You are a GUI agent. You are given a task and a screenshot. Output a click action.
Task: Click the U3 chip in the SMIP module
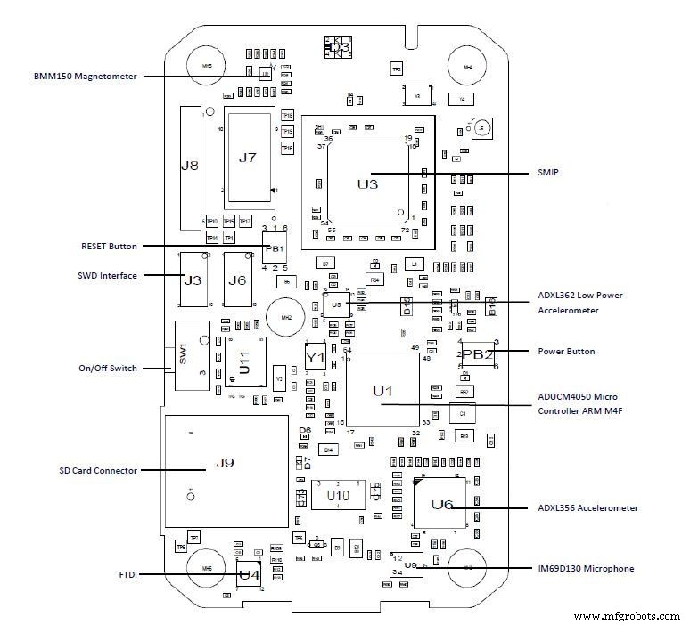(x=368, y=184)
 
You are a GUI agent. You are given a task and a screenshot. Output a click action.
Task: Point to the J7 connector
(x=249, y=158)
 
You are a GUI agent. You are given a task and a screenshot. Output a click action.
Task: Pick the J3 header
(x=193, y=280)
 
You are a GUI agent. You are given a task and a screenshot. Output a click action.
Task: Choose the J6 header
(x=236, y=280)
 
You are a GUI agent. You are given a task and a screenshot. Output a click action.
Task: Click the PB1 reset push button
(x=274, y=248)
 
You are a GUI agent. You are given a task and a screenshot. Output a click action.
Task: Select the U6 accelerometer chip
(x=442, y=504)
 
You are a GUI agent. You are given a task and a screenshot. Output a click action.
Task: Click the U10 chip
(x=337, y=494)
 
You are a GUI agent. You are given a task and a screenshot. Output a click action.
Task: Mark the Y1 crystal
(x=315, y=357)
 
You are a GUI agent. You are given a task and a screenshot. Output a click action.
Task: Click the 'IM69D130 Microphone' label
(x=586, y=568)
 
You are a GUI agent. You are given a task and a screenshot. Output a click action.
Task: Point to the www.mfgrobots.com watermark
(x=628, y=616)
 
